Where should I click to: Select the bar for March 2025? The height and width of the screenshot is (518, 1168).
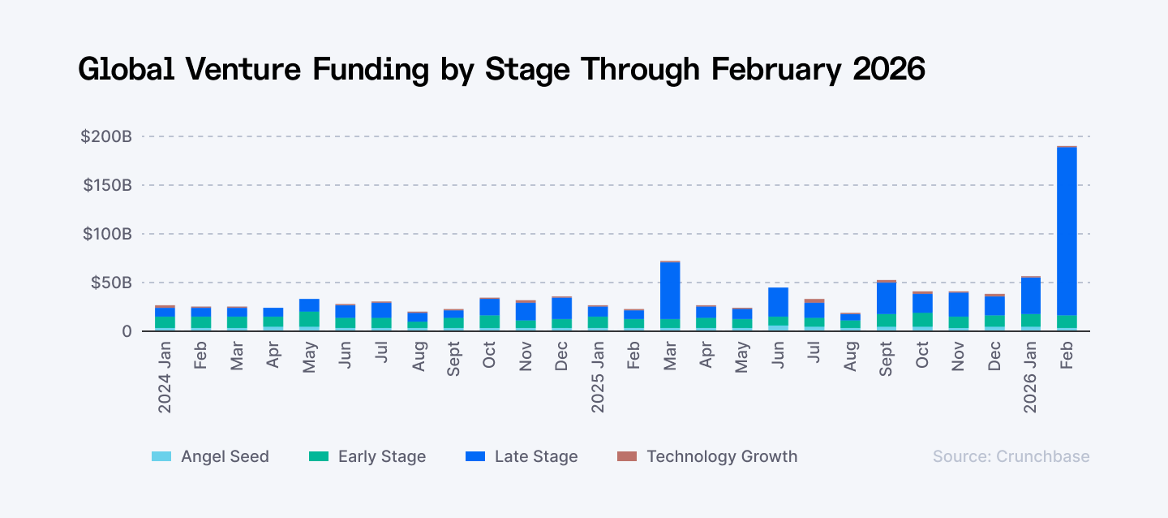pos(670,296)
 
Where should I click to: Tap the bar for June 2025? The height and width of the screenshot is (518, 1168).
pos(778,309)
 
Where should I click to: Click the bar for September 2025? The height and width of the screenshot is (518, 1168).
pos(886,306)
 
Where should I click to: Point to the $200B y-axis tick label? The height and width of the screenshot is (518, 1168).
pos(105,136)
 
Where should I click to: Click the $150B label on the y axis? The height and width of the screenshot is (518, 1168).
pos(106,185)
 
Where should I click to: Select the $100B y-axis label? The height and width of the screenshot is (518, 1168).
pos(106,234)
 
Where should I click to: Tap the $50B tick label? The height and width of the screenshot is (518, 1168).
pos(110,283)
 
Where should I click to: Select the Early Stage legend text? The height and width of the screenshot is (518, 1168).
pos(381,456)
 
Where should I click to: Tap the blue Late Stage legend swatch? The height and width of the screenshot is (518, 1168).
pos(474,456)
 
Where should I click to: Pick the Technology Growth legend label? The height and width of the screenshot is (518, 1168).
pos(721,456)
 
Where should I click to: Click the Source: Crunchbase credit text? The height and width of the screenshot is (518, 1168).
pos(1011,456)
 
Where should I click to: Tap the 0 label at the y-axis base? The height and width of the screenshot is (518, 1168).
pos(127,331)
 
